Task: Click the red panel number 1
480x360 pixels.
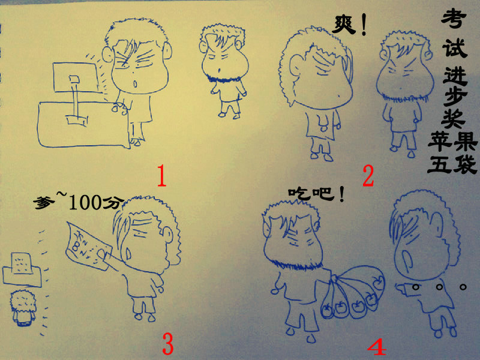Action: coord(161,175)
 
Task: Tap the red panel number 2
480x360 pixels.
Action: coord(368,176)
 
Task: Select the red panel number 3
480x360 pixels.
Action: coord(167,343)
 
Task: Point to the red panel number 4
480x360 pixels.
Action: coord(377,347)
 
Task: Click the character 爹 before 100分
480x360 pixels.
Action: coord(44,202)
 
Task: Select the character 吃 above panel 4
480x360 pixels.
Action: coord(299,194)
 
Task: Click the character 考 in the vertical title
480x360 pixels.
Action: coord(454,18)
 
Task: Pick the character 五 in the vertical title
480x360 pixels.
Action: coord(439,164)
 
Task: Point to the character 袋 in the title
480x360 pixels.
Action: coord(465,164)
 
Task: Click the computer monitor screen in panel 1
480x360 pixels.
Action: coord(75,77)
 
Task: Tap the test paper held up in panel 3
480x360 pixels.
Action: coord(87,245)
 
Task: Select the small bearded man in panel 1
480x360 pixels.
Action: coord(224,71)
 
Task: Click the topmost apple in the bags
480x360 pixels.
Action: coord(378,281)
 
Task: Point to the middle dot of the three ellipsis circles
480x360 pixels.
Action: coord(440,287)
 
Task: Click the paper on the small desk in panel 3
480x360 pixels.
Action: coord(22,263)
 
